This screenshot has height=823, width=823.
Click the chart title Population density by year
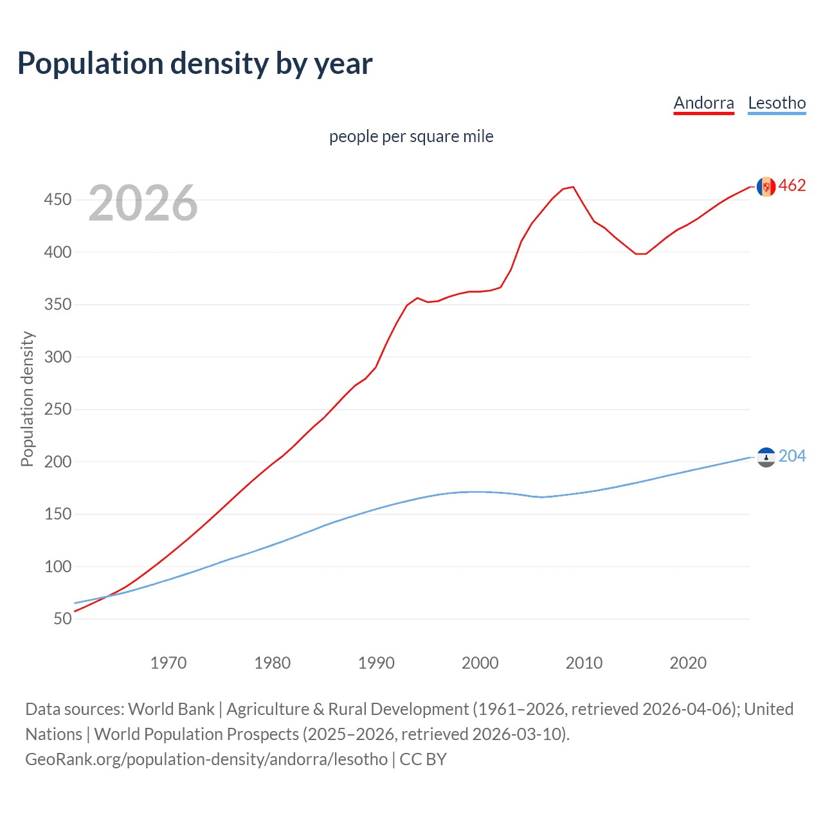click(195, 64)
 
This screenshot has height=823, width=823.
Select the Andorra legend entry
click(703, 103)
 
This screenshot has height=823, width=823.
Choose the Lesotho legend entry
click(777, 103)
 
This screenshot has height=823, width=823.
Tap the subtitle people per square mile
click(411, 136)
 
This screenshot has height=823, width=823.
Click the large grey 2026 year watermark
click(143, 203)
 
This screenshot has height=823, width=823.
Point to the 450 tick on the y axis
click(58, 200)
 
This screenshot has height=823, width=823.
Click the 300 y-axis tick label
click(58, 357)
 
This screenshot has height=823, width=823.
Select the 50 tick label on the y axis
click(62, 619)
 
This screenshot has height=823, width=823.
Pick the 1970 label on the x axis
click(168, 663)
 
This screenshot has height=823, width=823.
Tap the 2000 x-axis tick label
click(480, 663)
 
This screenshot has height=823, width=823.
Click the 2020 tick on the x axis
click(688, 663)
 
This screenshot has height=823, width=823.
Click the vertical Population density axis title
click(27, 399)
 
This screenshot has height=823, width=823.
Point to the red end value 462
click(792, 186)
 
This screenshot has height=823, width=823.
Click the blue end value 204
click(792, 456)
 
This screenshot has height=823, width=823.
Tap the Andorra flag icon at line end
click(766, 186)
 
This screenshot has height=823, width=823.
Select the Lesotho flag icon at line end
click(766, 457)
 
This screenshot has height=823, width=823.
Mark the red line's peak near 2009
click(573, 187)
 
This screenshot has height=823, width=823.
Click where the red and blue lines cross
click(106, 597)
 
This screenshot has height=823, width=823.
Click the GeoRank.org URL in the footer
click(206, 759)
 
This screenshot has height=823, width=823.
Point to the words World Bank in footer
click(171, 709)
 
